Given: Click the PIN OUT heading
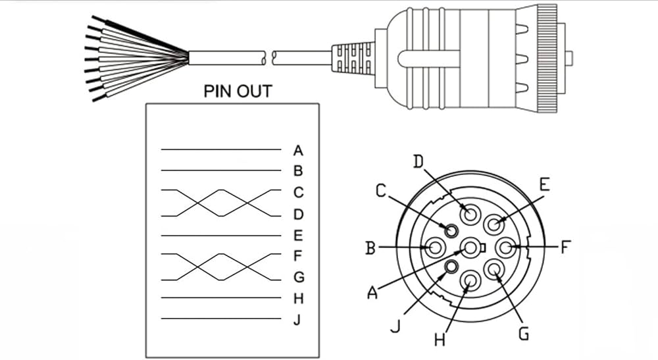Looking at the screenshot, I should [237, 91].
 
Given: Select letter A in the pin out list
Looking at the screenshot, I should [298, 150].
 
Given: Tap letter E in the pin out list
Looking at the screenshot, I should [298, 235].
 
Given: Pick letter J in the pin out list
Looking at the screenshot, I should [298, 319].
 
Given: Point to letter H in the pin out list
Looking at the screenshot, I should [298, 298].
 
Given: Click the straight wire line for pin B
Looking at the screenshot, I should [220, 170].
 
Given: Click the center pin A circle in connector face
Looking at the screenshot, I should [471, 248].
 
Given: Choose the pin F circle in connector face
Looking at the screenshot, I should [505, 248].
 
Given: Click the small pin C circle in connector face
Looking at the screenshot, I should [451, 230].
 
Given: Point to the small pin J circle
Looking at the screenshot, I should [451, 266].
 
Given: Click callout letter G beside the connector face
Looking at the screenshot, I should [523, 334].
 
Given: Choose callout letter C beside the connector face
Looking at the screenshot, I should [381, 191].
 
